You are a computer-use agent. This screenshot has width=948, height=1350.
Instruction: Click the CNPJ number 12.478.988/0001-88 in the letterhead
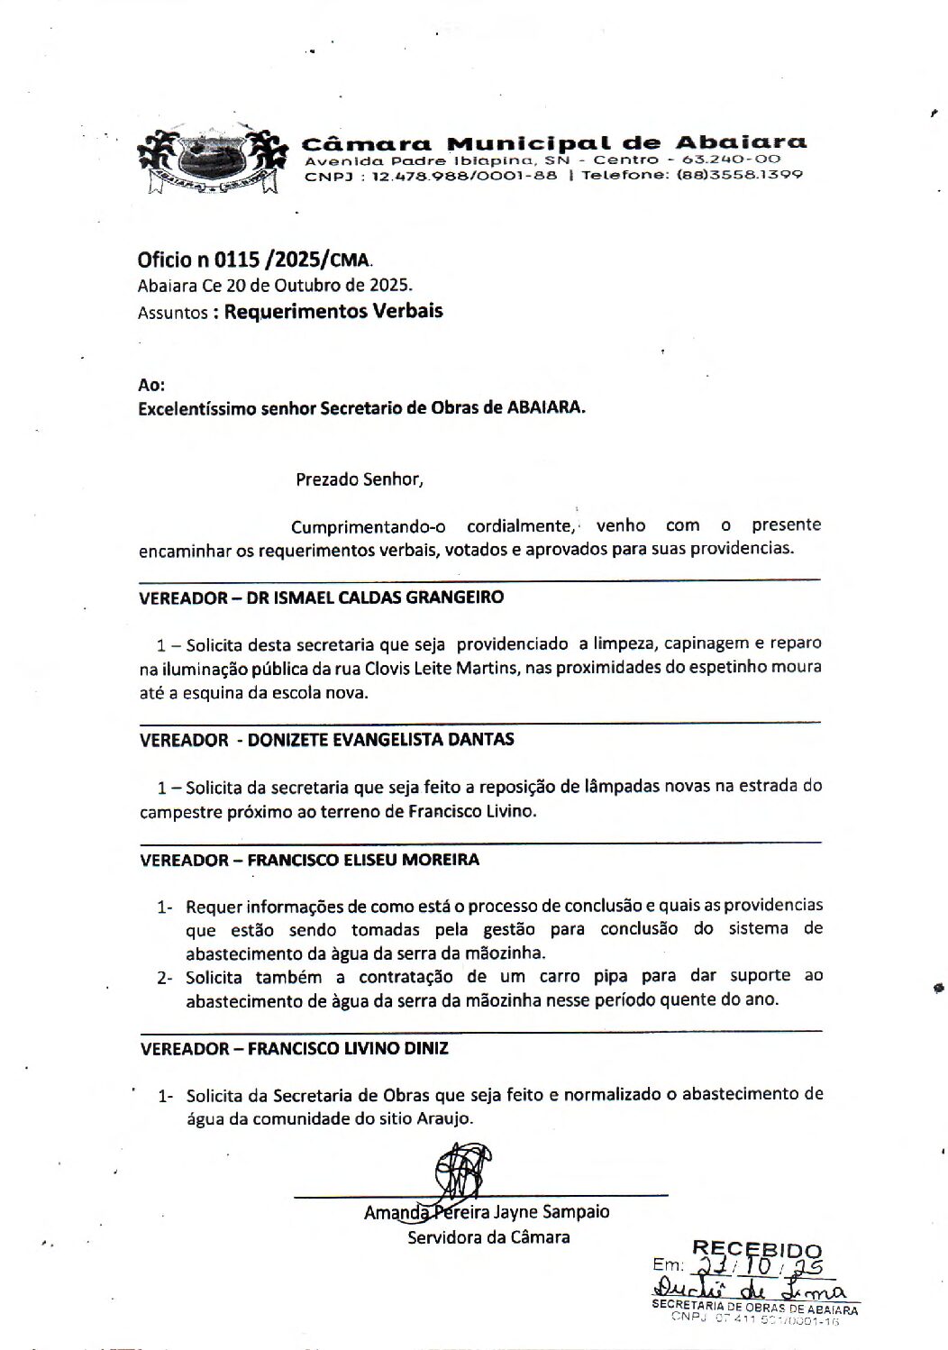point(464,176)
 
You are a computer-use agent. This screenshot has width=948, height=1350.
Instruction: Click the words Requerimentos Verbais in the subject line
point(333,312)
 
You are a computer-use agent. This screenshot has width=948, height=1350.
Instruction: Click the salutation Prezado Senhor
point(360,479)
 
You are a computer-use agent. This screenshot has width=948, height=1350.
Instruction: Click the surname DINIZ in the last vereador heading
point(421,1049)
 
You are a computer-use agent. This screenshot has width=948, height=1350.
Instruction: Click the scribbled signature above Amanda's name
point(461,1171)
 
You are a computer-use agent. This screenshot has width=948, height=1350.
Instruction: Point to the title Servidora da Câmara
point(488,1237)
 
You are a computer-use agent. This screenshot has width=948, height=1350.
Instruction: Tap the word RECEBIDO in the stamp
point(756,1250)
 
